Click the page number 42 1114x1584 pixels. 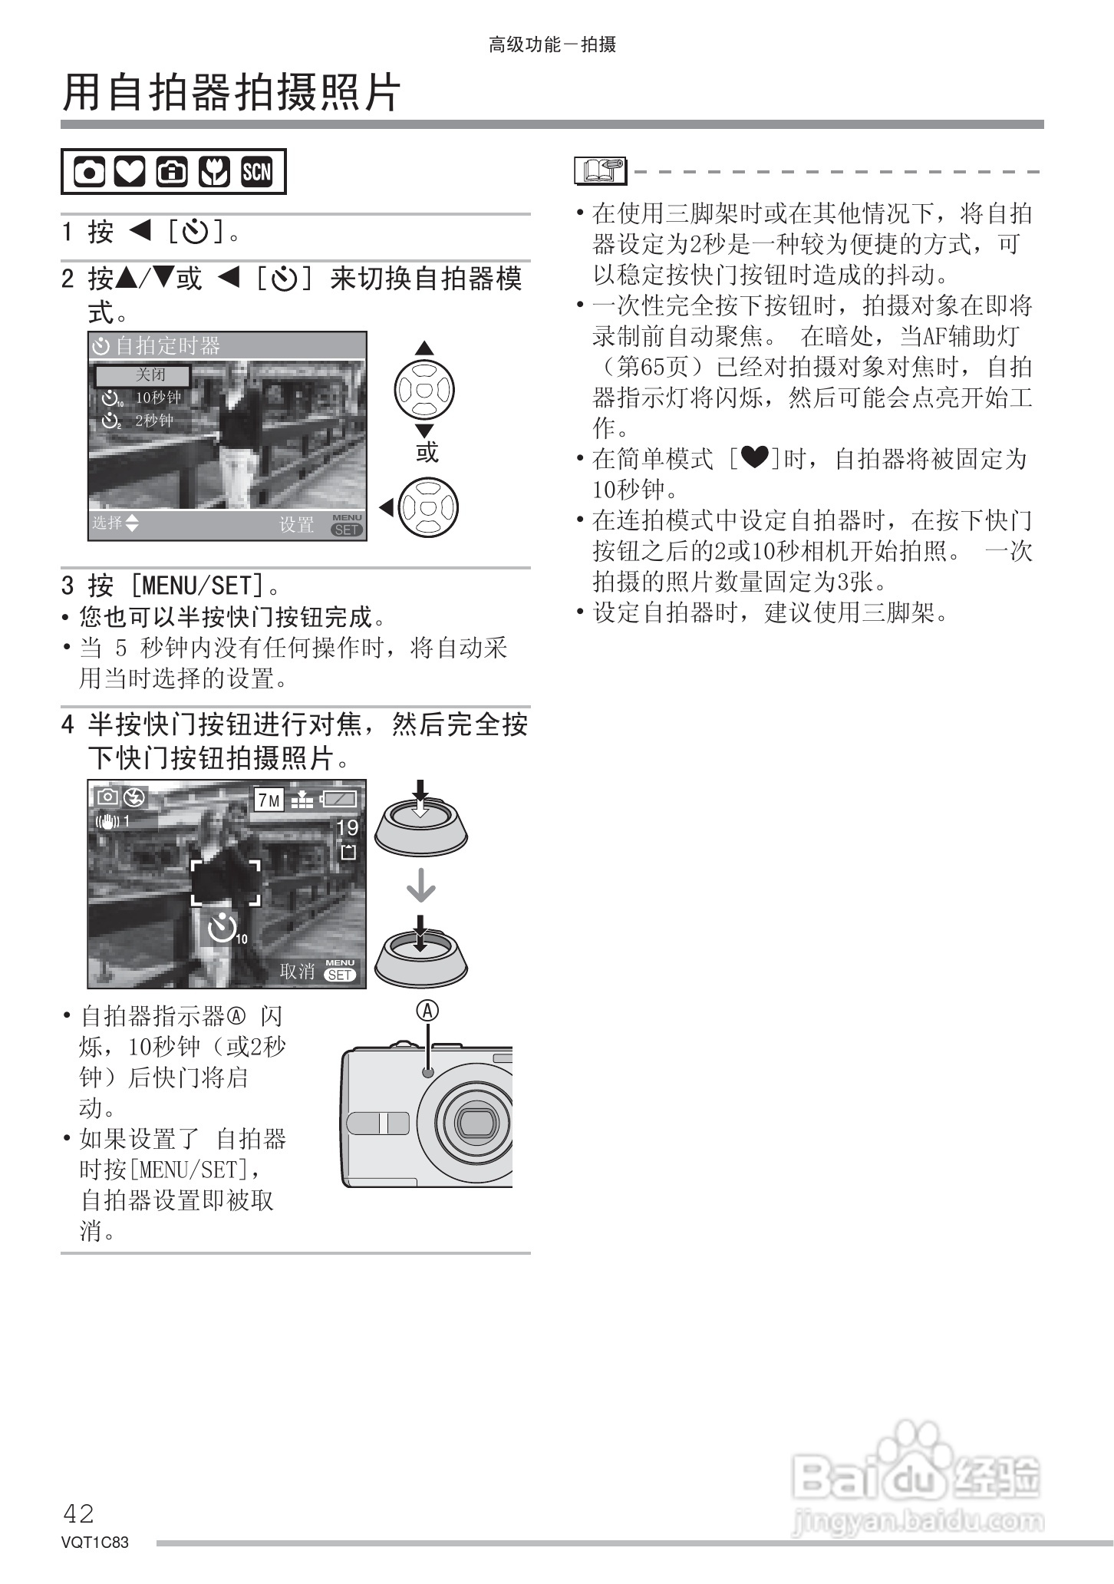point(78,1513)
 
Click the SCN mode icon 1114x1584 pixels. point(256,172)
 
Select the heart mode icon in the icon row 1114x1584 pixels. point(130,172)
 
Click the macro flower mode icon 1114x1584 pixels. point(214,172)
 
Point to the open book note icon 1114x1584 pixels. point(600,170)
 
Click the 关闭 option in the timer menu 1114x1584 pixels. point(150,375)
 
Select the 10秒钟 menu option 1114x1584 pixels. point(157,398)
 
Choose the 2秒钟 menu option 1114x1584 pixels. point(153,421)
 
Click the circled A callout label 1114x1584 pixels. point(427,1011)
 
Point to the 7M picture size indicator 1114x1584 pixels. point(269,800)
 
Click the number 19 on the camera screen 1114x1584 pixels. point(348,827)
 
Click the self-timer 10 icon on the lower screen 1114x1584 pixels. point(226,929)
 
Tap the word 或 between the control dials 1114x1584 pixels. point(427,452)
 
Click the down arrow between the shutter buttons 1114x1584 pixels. point(420,888)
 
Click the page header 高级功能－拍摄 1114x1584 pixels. point(552,45)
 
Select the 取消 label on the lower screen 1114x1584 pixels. point(298,971)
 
